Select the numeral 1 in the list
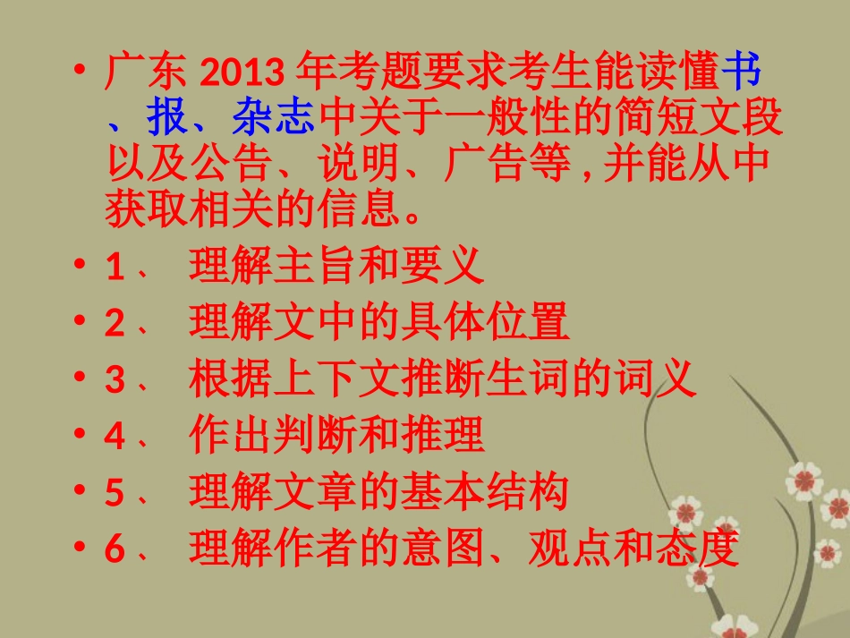point(115,268)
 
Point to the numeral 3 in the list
point(115,380)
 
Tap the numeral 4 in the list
point(115,437)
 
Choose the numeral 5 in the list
point(115,493)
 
